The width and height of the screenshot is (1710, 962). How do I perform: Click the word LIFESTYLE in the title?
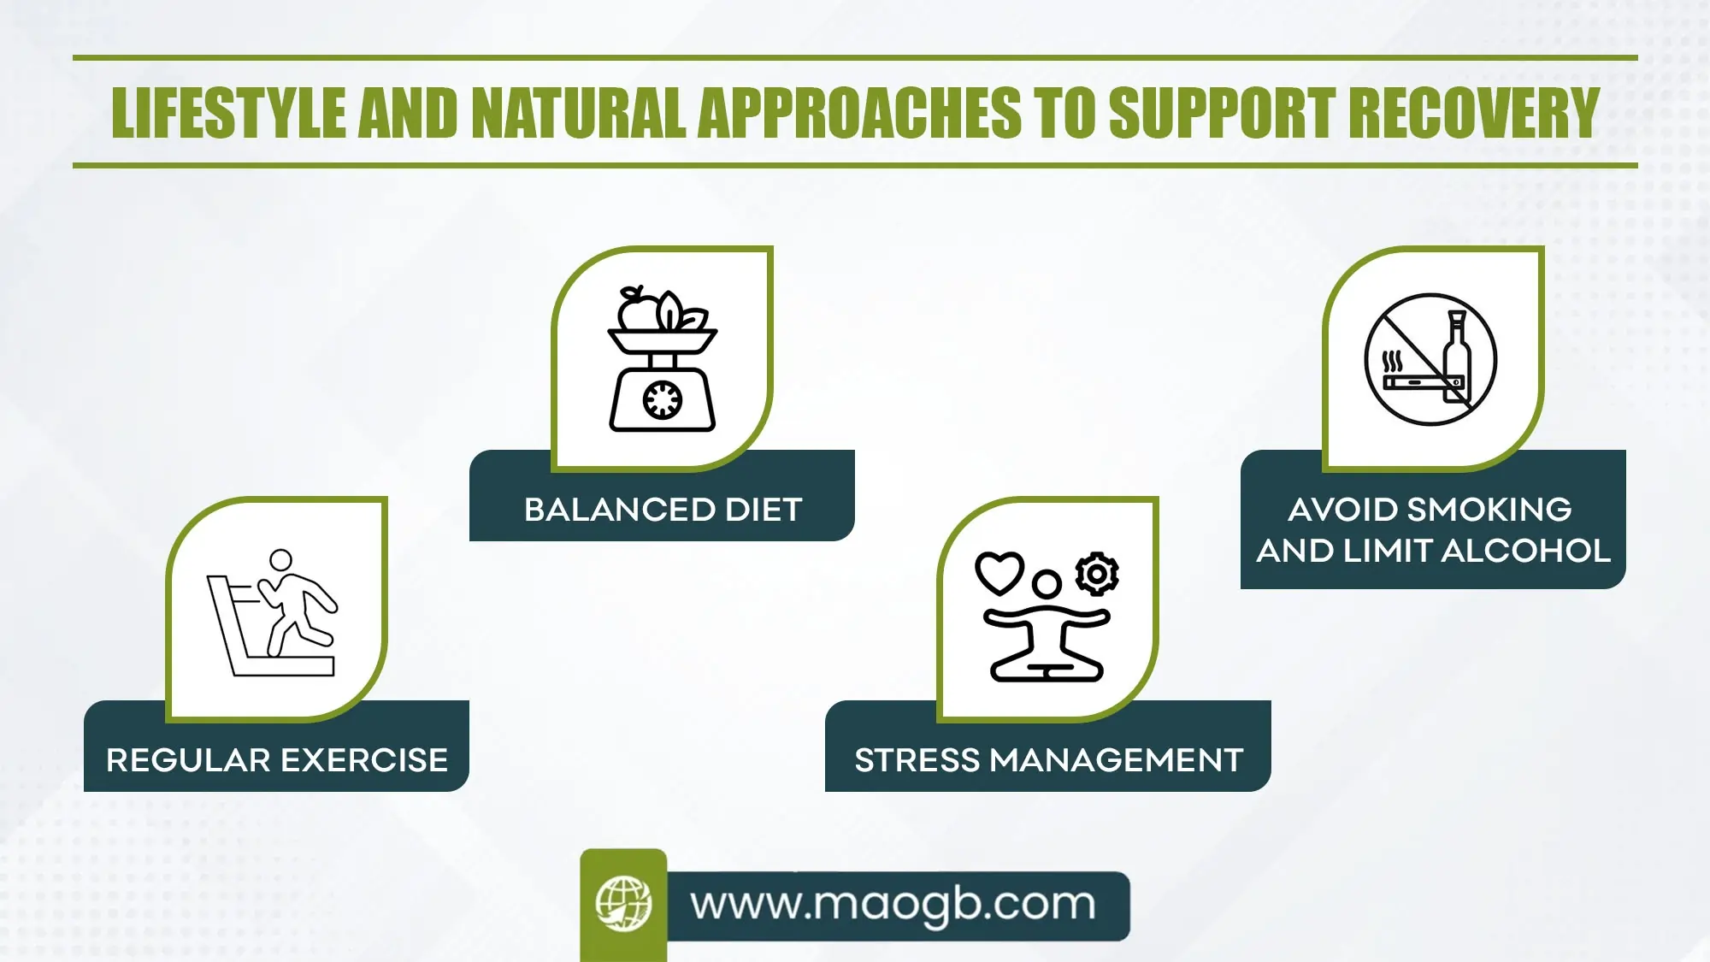coord(228,113)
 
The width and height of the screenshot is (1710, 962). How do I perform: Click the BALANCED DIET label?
coord(663,510)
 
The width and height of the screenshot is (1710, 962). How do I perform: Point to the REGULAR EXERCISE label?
coord(277,760)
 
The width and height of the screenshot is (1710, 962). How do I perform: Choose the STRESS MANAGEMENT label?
coord(1048,760)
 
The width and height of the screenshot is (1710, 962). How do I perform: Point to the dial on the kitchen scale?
coord(663,399)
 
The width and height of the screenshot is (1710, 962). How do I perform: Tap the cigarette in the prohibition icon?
coord(1415,382)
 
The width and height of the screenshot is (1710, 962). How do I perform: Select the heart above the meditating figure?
coord(999,573)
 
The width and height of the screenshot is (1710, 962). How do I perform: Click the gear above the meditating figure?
coord(1097,574)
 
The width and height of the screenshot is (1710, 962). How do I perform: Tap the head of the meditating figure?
coord(1047,585)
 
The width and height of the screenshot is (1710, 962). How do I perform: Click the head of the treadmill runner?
coord(280,560)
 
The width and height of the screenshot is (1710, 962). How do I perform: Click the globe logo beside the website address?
coord(623,904)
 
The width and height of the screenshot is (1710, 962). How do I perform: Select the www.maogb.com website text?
coord(893,905)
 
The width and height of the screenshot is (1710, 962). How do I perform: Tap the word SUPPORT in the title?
coord(1222,113)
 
